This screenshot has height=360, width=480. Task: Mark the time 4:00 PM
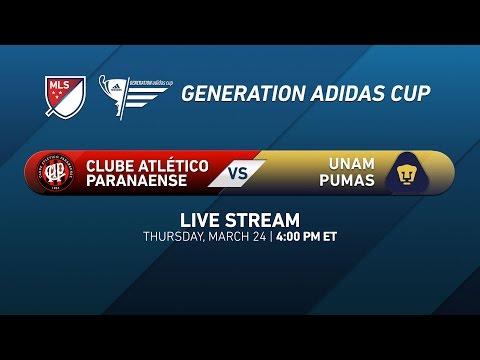[x=306, y=237]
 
